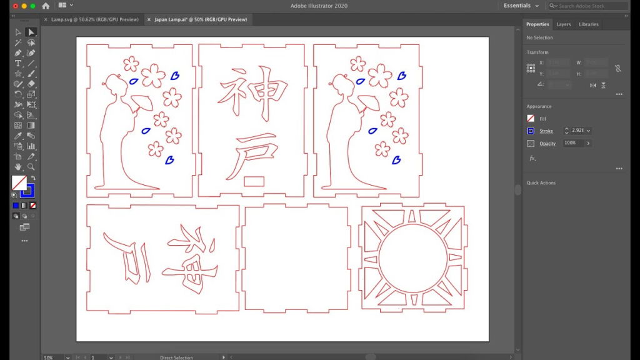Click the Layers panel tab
pos(563,24)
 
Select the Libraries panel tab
pos(589,24)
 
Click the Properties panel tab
pos(537,24)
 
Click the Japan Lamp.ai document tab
pos(200,19)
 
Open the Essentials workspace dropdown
pos(521,6)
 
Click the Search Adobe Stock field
pos(591,6)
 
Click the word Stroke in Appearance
pos(546,131)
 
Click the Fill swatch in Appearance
pos(531,119)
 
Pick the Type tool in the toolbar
pos(18,63)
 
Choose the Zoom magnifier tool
pos(31,167)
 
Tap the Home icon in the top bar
pos(46,6)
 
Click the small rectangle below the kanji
pos(254,181)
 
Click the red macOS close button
pos(15,6)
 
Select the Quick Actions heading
pos(541,183)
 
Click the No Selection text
pos(539,37)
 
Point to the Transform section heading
pos(537,52)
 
